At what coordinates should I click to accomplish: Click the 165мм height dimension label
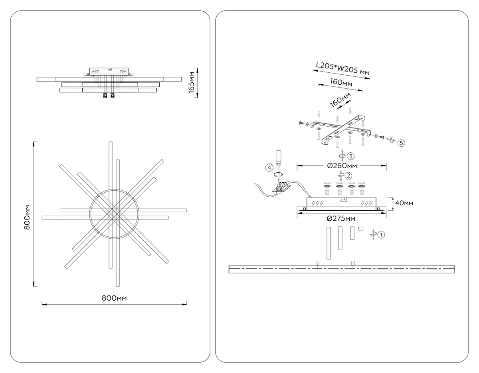point(192,82)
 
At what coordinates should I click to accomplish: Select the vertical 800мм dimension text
point(27,217)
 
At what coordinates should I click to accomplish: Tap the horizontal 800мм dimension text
point(114,298)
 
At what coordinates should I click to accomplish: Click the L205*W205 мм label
point(343,69)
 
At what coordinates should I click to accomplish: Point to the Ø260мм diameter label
point(342,166)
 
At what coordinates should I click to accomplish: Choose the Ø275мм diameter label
point(341,219)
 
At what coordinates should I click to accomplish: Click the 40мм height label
point(404,203)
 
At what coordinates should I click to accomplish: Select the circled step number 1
point(381,235)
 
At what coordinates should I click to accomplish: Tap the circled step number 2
point(348,176)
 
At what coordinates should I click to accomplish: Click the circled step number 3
point(351,156)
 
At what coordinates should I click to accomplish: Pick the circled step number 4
point(269,168)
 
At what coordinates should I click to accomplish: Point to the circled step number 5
point(401,143)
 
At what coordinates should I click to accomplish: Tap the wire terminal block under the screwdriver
point(281,187)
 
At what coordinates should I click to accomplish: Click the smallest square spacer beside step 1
point(361,229)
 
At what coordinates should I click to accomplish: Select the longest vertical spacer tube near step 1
point(329,243)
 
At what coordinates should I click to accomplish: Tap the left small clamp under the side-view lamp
point(105,96)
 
